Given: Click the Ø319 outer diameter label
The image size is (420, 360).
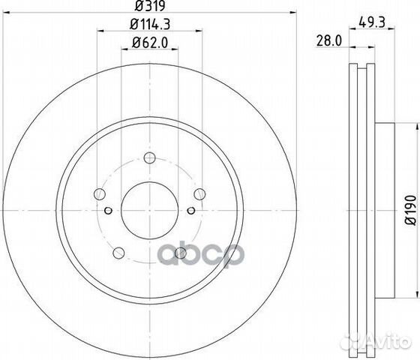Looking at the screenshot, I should pyautogui.click(x=149, y=10).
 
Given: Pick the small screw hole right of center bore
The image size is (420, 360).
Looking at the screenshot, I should pyautogui.click(x=191, y=210).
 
